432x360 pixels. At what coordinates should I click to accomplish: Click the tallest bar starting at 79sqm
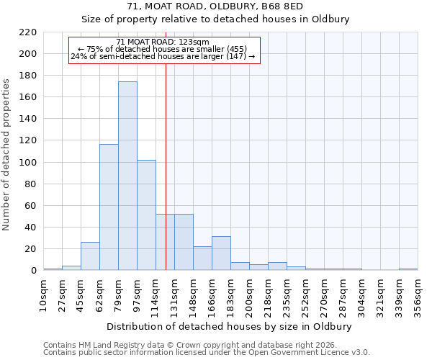pyautogui.click(x=127, y=176)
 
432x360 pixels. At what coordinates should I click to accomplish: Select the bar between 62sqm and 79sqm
pyautogui.click(x=109, y=207)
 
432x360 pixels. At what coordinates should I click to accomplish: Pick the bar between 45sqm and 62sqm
pyautogui.click(x=90, y=256)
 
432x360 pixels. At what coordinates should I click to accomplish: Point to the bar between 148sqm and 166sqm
pyautogui.click(x=202, y=258)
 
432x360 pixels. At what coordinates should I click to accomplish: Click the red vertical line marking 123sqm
pyautogui.click(x=166, y=158)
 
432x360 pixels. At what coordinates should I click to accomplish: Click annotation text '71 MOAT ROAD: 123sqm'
pyautogui.click(x=163, y=42)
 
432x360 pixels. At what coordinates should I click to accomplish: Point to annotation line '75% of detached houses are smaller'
pyautogui.click(x=163, y=50)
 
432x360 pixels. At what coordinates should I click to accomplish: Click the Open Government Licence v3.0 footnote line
pyautogui.click(x=207, y=353)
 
